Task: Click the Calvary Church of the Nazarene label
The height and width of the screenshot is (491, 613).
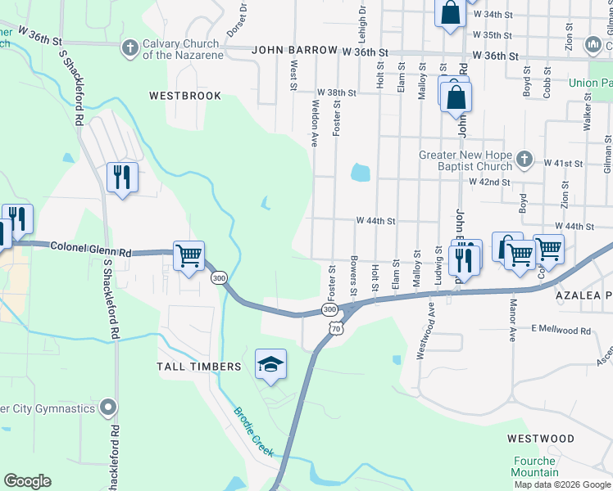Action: (181, 49)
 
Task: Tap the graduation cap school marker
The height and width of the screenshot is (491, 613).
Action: (270, 365)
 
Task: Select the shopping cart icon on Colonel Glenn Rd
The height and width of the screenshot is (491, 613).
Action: (188, 257)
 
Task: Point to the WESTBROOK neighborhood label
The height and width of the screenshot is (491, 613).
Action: (185, 96)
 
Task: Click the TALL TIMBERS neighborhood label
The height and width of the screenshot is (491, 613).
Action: (199, 367)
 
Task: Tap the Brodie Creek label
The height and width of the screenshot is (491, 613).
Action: (252, 431)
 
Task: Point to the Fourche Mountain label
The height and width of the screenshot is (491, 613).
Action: (535, 466)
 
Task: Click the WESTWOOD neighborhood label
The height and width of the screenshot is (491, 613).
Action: (540, 439)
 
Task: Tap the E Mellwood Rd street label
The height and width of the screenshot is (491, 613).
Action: (561, 330)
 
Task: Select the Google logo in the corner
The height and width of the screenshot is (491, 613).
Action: (27, 481)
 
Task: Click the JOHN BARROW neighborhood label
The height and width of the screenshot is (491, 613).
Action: (294, 51)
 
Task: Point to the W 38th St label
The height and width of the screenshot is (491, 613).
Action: (336, 93)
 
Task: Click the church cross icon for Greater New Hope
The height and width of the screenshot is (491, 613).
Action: (524, 157)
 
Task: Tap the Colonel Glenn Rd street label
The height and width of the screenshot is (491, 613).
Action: (91, 247)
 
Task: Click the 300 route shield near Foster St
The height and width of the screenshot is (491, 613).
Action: (329, 310)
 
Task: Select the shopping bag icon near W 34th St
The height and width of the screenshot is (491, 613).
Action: (450, 13)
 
